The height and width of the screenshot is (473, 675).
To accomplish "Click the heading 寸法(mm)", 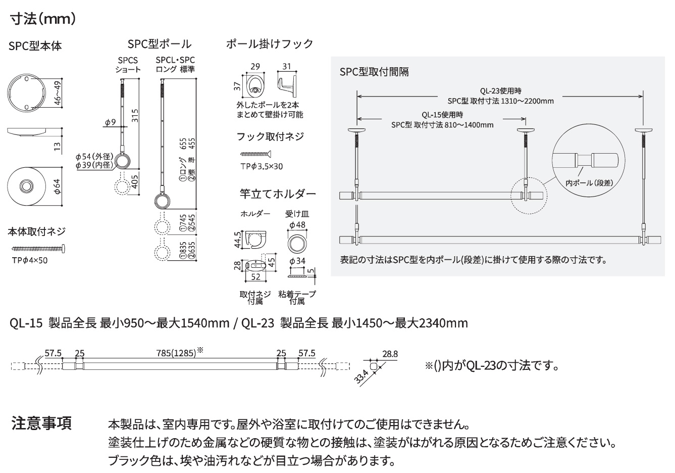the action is tap(42, 19).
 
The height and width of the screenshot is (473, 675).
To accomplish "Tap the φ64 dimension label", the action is tap(57, 187).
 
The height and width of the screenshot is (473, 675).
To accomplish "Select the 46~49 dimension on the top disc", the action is tap(57, 93).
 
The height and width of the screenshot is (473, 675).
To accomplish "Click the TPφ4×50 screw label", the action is tap(30, 260).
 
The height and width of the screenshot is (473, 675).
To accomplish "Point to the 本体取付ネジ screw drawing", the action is tap(38, 249).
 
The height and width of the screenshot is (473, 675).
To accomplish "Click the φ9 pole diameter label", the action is tap(110, 122).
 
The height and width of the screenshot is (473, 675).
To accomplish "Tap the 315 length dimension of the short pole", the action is tap(135, 116).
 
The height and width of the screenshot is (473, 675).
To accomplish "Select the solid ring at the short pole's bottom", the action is tap(122, 161).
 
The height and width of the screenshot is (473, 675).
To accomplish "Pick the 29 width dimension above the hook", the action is tap(255, 66).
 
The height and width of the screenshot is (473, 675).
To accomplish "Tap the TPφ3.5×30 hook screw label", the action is tap(262, 166).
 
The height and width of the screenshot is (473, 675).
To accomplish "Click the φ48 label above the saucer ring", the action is tap(297, 225).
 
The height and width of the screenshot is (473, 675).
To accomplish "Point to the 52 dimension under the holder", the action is tap(255, 276).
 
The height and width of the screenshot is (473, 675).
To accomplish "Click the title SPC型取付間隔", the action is tap(374, 72).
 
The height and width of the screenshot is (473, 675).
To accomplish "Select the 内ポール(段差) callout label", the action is tap(589, 183).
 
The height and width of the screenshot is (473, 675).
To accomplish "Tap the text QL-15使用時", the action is tap(442, 115).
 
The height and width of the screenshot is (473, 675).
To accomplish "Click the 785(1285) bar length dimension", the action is tap(176, 353).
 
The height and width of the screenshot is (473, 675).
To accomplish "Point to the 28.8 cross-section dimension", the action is tap(390, 354).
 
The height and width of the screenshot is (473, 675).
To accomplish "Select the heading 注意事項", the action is tap(41, 423).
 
